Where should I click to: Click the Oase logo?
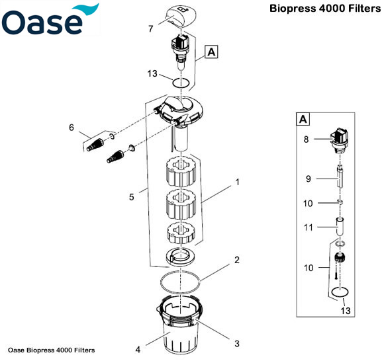pos(50,20)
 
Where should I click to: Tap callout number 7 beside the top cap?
pos(151,30)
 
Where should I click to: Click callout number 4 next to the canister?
pos(138,349)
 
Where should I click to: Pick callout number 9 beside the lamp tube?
pos(308,178)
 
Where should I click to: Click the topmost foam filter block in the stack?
pos(181,171)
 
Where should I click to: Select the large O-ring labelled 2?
pos(181,282)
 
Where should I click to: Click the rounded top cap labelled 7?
pos(181,14)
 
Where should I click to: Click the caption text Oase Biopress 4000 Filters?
pos(52,350)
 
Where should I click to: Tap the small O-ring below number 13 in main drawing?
pos(181,84)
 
